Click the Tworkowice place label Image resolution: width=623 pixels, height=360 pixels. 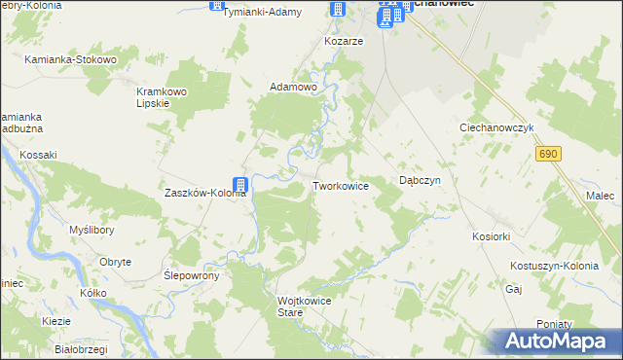(x=340, y=185)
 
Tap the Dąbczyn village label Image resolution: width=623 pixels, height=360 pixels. (x=421, y=181)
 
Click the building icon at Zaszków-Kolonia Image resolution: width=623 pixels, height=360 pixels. (x=239, y=184)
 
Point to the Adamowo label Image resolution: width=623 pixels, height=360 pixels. (x=294, y=88)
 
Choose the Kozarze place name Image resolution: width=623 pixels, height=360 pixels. (x=344, y=42)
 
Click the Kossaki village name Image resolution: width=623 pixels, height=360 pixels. (x=39, y=155)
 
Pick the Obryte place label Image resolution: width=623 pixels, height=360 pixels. (x=116, y=262)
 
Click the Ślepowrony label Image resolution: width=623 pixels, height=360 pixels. (x=192, y=275)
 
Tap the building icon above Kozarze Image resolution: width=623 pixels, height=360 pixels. (x=337, y=11)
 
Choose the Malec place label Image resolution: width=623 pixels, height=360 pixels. (x=601, y=196)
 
